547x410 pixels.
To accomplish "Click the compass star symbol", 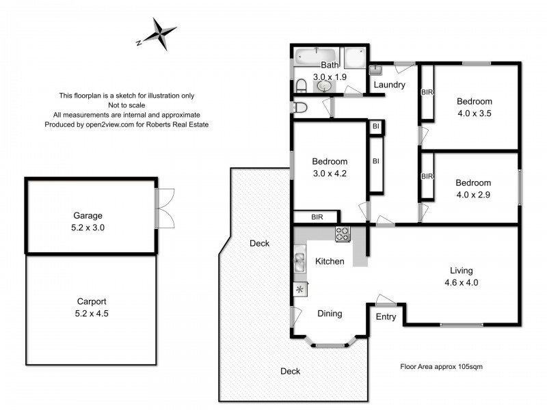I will [159, 33].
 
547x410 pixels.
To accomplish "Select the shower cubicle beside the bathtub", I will [354, 57].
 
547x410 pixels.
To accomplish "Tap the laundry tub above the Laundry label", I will [376, 70].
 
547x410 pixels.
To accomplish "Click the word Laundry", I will [389, 85].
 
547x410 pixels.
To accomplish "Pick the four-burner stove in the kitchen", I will [343, 234].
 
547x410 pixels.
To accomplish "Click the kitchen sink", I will [299, 261].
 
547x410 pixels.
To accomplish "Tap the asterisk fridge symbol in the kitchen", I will [299, 290].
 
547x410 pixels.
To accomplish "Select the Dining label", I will [330, 314].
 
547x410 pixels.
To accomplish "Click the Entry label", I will [386, 316].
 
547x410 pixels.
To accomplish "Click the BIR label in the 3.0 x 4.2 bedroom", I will [317, 217].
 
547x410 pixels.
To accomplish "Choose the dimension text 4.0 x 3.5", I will [474, 114].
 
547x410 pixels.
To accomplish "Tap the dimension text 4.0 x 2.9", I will [474, 195].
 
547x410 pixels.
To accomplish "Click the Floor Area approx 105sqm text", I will [442, 366].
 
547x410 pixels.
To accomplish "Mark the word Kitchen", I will [330, 261].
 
